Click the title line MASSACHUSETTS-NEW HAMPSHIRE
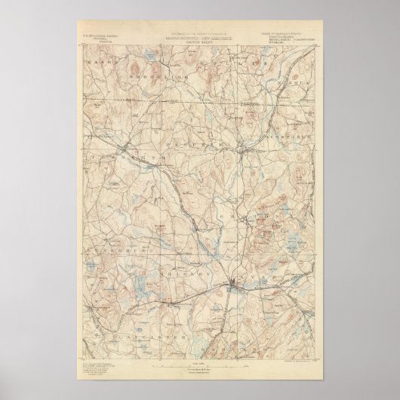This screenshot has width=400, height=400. tap(199, 35)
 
